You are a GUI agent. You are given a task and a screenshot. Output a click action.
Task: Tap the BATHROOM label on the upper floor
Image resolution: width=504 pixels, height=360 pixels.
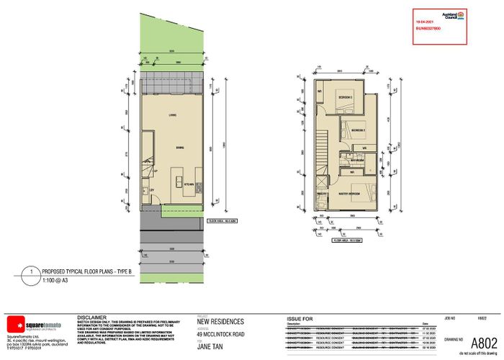click(351, 161)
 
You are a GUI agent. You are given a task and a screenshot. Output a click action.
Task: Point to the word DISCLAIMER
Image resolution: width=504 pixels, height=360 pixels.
click(93, 316)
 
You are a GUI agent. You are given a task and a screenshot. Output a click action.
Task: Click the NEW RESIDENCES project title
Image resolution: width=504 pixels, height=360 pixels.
click(220, 322)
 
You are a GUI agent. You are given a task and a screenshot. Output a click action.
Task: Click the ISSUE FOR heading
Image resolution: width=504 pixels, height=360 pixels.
click(300, 317)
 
